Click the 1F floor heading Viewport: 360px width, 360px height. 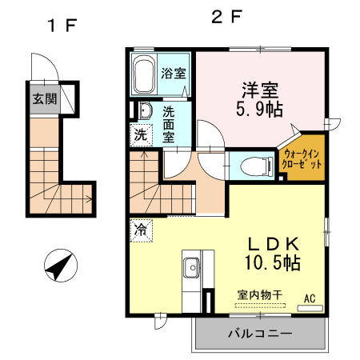(x=60, y=25)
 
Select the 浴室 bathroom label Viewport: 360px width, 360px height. (x=174, y=74)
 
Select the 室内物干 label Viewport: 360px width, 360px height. (x=261, y=295)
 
